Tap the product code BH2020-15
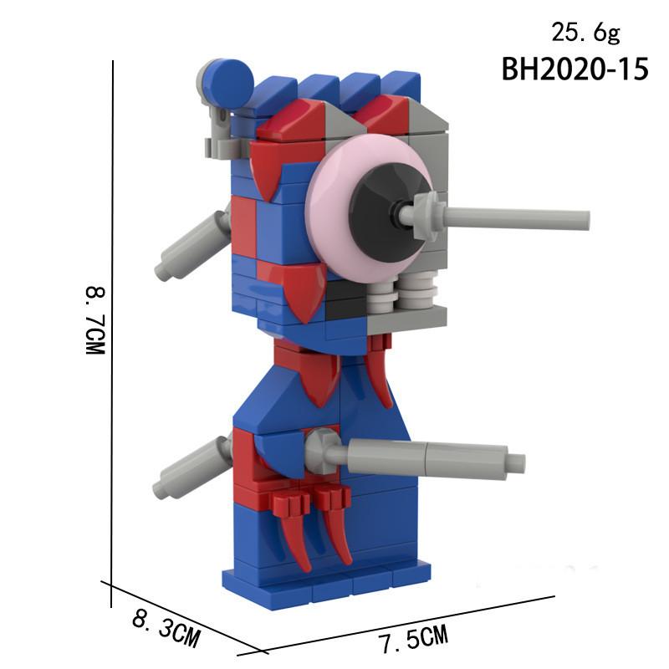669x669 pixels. (575, 69)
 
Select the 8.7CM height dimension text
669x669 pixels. (95, 322)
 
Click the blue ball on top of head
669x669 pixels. (228, 82)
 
